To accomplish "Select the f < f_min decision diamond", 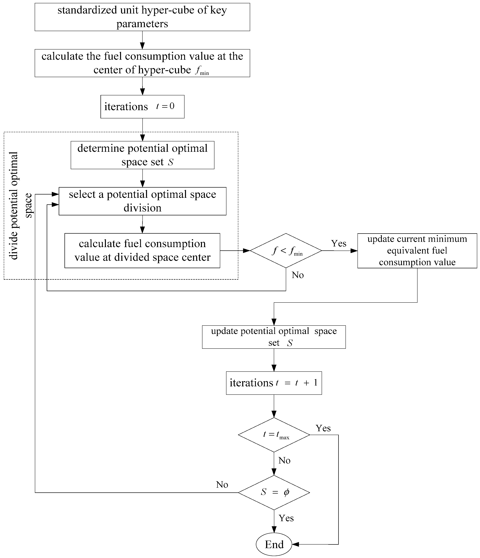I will [x=286, y=251].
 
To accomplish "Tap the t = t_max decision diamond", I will [x=274, y=435].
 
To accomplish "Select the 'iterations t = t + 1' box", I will [x=274, y=383].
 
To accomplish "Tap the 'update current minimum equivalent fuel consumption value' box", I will [x=417, y=251].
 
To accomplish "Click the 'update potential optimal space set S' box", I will [x=274, y=337].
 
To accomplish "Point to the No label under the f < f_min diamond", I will [x=298, y=275].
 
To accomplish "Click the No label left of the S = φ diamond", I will [x=222, y=485].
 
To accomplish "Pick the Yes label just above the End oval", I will [x=286, y=518].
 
